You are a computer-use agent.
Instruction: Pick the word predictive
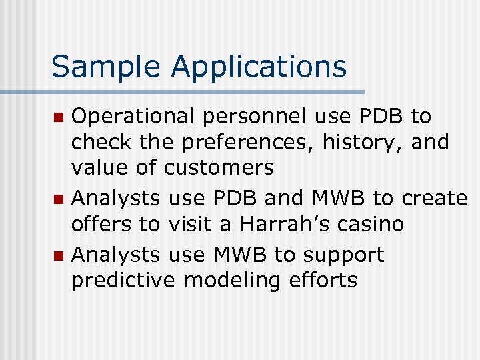click(x=123, y=281)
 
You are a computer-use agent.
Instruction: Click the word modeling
click(x=233, y=281)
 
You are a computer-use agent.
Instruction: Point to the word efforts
click(x=323, y=281)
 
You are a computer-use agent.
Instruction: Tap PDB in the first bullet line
click(x=377, y=117)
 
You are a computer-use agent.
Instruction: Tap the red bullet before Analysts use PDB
click(x=59, y=199)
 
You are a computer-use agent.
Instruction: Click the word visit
click(x=189, y=225)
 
